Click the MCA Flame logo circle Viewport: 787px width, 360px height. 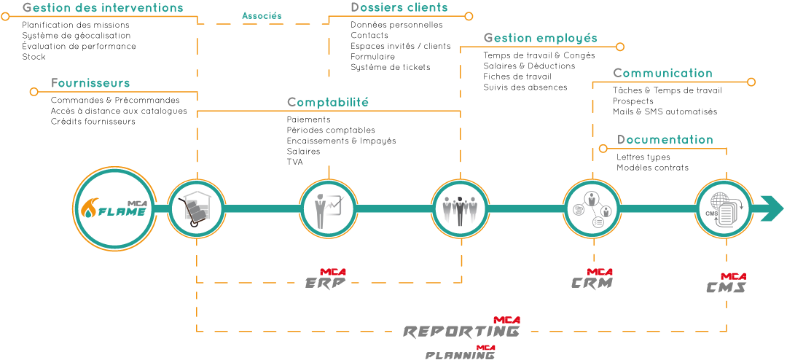coord(115,209)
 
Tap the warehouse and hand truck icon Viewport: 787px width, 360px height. coord(196,209)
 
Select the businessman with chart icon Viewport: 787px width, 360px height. coord(328,209)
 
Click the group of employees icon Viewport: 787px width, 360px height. coord(460,209)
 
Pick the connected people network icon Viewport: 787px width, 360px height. coord(592,209)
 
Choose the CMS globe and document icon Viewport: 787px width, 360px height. coord(723,209)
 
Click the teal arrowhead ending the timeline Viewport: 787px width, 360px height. coord(771,208)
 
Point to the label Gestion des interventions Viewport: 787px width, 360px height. coord(103,8)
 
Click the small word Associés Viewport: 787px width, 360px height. coord(262,15)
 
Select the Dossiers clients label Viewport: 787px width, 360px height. coord(399,8)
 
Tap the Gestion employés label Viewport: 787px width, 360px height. coord(540,38)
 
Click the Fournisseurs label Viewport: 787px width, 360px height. coord(90,83)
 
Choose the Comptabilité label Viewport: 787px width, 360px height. coord(328,102)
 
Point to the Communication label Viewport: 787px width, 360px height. coord(662,73)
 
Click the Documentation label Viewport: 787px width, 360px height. coord(665,139)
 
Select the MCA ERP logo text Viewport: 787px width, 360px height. coord(325,280)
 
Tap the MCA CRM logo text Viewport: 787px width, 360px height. coord(592,280)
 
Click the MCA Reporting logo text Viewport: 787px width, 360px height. coord(462,329)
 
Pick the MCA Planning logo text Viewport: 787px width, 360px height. coord(461,353)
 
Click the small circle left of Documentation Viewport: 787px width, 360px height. coord(603,149)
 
